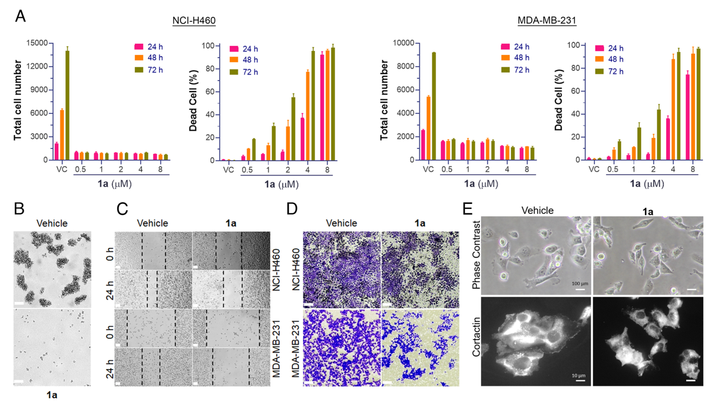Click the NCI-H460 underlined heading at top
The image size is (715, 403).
(x=194, y=20)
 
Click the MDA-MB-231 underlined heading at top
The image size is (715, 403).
(x=546, y=20)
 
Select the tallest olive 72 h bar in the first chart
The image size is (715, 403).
(x=67, y=105)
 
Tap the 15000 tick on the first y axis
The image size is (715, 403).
(x=37, y=43)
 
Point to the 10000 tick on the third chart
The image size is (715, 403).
(x=403, y=43)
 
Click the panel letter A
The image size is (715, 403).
(x=20, y=16)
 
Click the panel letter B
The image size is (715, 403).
(x=19, y=209)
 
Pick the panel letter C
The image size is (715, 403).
(x=122, y=209)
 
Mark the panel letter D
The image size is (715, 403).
(x=292, y=209)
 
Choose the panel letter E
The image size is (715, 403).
(x=467, y=209)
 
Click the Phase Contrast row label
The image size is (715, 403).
(x=476, y=255)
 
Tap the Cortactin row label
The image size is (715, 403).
(x=476, y=337)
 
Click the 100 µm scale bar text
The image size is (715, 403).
(x=580, y=284)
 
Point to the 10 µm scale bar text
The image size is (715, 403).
(x=578, y=376)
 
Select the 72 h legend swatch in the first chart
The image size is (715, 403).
(x=139, y=70)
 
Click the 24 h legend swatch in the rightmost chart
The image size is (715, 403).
(x=599, y=48)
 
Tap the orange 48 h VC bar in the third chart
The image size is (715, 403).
(x=428, y=128)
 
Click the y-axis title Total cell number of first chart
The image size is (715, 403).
(x=18, y=100)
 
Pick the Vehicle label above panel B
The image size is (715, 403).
(x=52, y=224)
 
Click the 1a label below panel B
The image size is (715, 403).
(x=52, y=395)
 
